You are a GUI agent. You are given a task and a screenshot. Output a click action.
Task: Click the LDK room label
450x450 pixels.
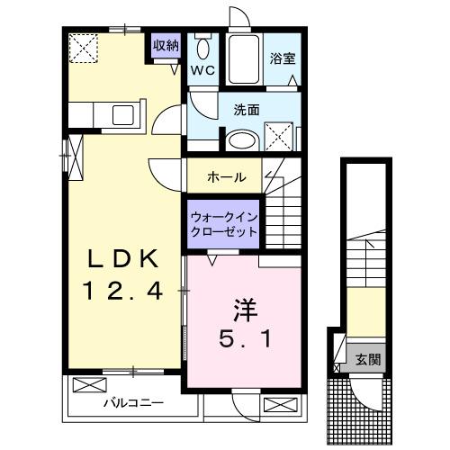tap(123, 259)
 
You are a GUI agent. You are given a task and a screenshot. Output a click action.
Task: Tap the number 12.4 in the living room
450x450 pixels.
tap(123, 291)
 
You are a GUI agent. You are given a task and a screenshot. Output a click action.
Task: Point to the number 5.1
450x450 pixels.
tap(242, 341)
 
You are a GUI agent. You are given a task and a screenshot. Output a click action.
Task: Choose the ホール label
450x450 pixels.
tap(226, 176)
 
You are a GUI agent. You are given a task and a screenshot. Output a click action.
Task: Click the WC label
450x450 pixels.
tap(202, 68)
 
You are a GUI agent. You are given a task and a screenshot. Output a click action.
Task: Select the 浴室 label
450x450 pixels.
tap(283, 58)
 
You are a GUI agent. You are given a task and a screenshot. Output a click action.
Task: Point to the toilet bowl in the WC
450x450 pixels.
tap(202, 47)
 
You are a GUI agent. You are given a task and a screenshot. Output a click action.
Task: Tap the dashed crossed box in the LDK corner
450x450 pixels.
tap(85, 46)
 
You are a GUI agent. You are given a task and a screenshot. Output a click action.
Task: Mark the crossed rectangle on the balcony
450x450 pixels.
tap(89, 385)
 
